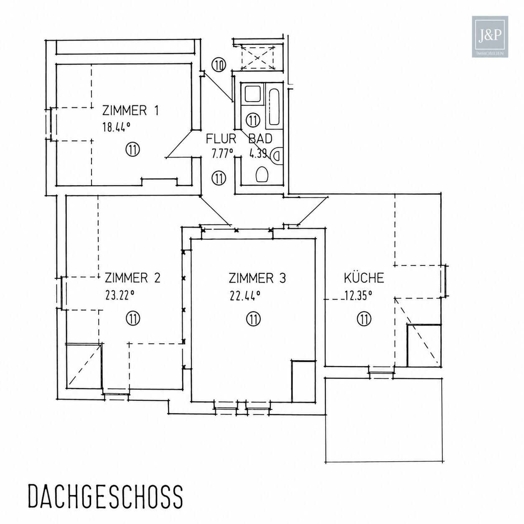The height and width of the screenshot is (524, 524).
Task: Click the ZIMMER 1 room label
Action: [130, 111]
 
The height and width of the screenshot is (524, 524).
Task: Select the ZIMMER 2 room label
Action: [133, 278]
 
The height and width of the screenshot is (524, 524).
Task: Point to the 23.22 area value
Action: [120, 295]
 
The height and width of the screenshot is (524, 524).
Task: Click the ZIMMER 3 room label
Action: [257, 278]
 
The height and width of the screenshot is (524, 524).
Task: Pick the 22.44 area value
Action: [245, 295]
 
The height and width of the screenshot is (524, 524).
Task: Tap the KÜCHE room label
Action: [364, 277]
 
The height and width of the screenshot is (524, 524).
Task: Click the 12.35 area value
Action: [358, 295]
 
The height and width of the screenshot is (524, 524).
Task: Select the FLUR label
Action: [221, 139]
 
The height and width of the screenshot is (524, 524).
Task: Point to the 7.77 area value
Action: [222, 154]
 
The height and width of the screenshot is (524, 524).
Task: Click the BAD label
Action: [260, 139]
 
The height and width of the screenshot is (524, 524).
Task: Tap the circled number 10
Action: [219, 66]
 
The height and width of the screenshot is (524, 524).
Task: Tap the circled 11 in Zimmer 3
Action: [253, 318]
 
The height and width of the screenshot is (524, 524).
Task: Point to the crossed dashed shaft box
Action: [257, 57]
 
